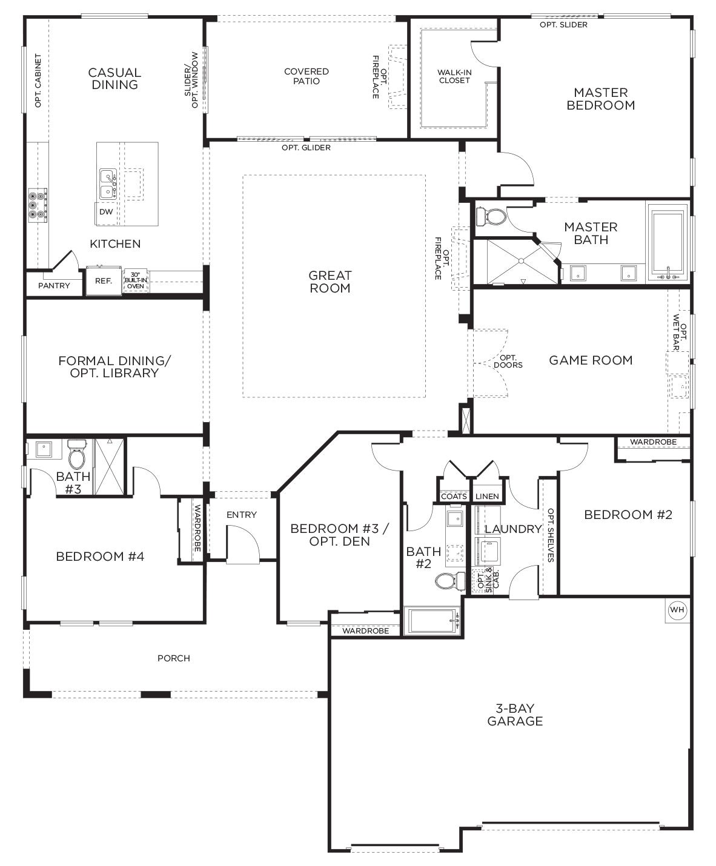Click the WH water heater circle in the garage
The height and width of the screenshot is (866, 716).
coord(677,610)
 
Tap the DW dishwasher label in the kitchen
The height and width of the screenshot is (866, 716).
coord(106,212)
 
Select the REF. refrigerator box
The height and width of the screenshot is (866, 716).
coord(104,281)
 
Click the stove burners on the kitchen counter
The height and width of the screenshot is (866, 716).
coord(37,205)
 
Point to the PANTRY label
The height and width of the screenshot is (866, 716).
coord(54,285)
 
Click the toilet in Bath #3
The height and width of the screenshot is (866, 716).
coord(77,455)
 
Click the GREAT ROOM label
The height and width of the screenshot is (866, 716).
coord(330,282)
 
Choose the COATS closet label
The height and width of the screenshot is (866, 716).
coord(454,497)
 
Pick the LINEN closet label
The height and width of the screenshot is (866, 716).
coord(487,497)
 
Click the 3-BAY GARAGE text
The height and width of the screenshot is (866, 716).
coord(515,715)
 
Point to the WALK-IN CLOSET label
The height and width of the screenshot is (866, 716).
coord(454,76)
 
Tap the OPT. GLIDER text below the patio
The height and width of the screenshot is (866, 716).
coord(306,148)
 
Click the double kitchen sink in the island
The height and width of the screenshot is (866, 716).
coord(108,184)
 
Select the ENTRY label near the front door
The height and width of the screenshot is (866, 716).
coord(242,515)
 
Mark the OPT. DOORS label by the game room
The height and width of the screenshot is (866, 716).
coord(508,362)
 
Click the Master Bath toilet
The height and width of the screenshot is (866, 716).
coord(492,216)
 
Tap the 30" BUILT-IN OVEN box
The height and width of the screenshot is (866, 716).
coord(136,282)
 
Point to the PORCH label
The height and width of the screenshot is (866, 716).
coord(174,658)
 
